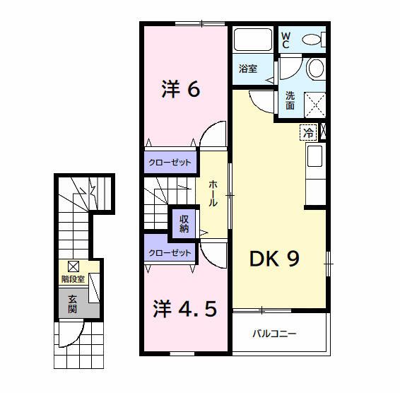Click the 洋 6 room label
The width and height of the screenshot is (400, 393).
(x=182, y=90)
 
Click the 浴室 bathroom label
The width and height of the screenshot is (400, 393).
(x=248, y=69)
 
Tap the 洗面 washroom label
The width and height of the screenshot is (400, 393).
(x=290, y=101)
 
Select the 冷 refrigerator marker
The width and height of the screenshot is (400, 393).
(x=308, y=131)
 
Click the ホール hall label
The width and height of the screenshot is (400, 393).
(x=213, y=193)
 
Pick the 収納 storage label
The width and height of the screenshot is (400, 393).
(x=184, y=224)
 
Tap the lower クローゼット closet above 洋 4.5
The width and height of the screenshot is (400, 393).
(x=170, y=252)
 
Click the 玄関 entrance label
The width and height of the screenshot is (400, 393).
(x=73, y=304)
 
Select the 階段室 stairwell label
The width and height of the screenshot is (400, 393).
(x=73, y=279)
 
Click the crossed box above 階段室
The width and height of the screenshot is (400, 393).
(x=73, y=266)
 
